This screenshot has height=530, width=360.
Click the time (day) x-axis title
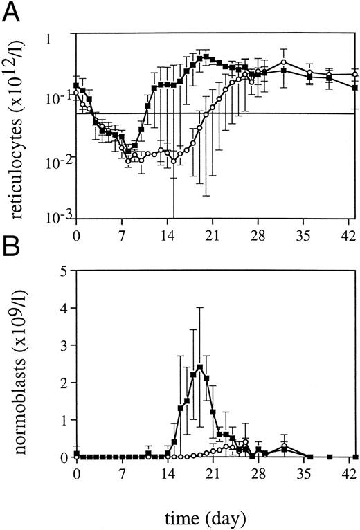(x=215, y=516)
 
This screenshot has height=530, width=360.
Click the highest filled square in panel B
(x=199, y=367)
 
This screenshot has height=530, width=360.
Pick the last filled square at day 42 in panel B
(x=355, y=457)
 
